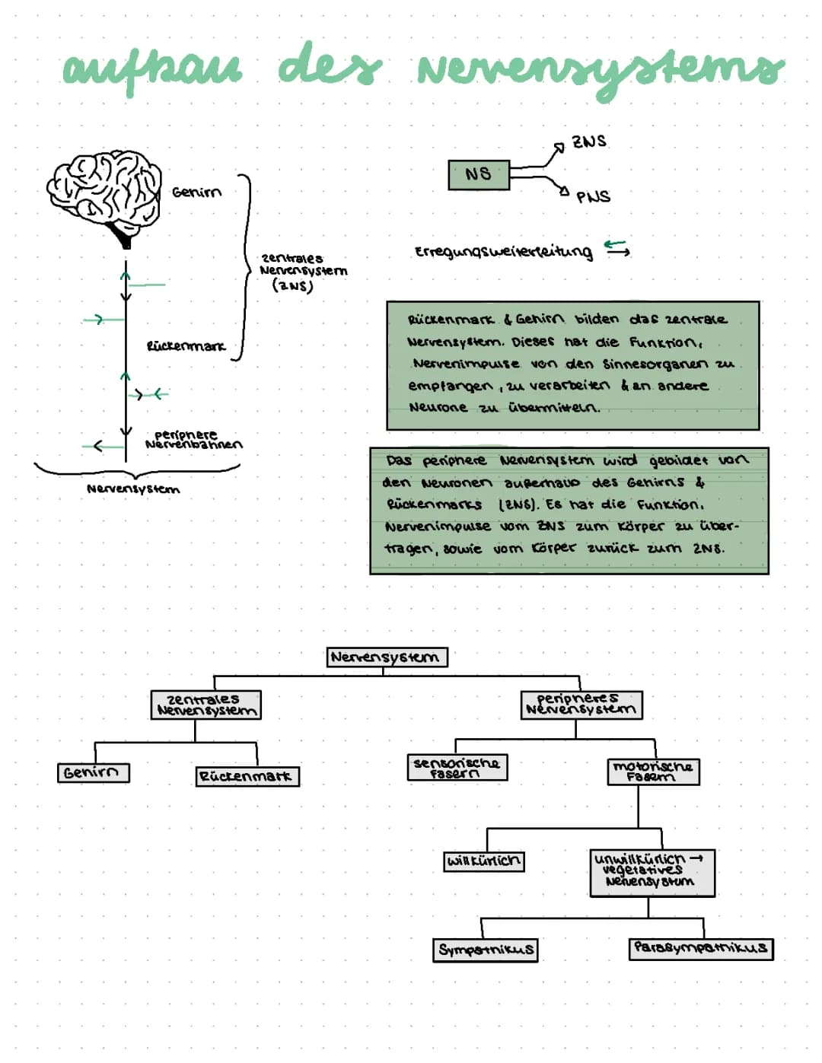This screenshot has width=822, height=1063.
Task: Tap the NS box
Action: pos(478,174)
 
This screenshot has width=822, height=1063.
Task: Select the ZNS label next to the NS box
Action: pos(589,142)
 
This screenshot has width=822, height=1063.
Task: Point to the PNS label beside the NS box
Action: pos(593,196)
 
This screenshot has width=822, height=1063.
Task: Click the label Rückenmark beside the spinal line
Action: pos(186,346)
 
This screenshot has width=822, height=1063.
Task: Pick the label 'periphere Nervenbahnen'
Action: pos(193,440)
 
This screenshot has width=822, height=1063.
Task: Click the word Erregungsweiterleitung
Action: pos(503,252)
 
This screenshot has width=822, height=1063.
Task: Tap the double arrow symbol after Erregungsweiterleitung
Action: pos(616,248)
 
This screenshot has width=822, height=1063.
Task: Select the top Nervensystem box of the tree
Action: pos(387,657)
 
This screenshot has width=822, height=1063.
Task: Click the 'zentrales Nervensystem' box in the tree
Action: pos(205,705)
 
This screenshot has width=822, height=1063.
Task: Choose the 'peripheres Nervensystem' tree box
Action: pos(581,705)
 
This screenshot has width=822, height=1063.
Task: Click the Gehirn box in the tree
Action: pos(93,773)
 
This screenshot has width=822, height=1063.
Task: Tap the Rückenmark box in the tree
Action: pos(247,777)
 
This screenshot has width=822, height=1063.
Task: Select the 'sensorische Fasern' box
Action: pos(457,767)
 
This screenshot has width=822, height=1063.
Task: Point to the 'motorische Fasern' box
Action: pos(653,772)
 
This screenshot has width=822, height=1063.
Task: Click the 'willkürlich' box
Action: pos(484,861)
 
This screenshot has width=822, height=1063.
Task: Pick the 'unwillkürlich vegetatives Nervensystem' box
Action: pos(652,873)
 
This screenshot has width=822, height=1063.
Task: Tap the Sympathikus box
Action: pos(485,950)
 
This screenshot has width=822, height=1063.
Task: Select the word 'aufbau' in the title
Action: pos(152,70)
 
